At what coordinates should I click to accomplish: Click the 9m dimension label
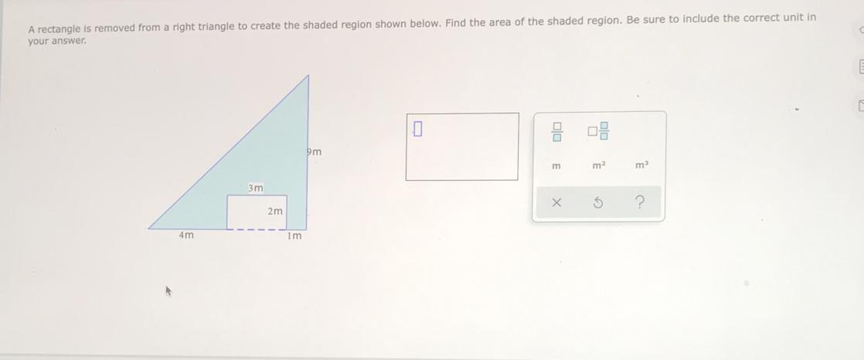tap(314, 152)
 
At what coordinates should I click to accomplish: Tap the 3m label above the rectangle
tap(255, 188)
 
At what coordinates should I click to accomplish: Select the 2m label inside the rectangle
tap(275, 212)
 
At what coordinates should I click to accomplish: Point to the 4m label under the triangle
tap(186, 236)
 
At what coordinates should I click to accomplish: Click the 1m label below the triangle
tap(294, 236)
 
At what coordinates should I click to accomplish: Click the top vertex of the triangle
tap(308, 76)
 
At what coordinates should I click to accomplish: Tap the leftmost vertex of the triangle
tap(149, 229)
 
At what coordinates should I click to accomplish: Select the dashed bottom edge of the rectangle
tap(257, 229)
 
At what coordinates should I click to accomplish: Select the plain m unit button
tap(556, 165)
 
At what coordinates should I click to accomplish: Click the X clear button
tap(556, 203)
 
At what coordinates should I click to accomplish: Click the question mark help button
tap(639, 203)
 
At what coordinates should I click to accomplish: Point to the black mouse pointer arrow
tap(170, 290)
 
